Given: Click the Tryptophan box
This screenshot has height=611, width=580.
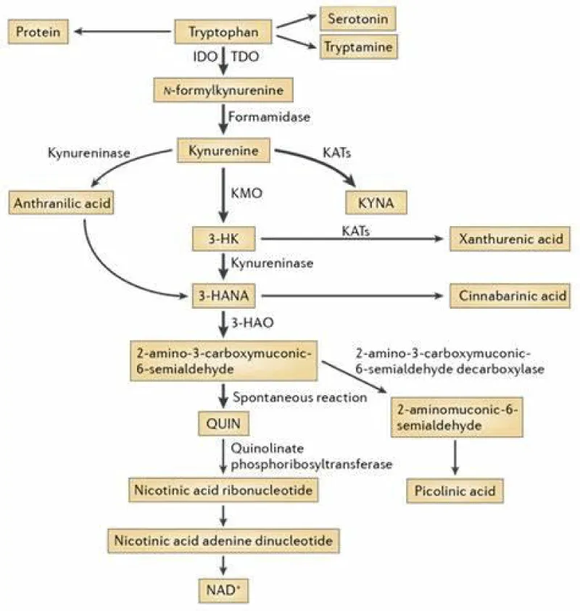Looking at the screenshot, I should (x=224, y=31).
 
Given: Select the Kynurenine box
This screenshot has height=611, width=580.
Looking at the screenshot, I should (x=224, y=151).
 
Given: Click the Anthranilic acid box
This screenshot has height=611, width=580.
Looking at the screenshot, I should (x=62, y=204).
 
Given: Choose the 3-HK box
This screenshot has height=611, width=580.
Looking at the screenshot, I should (x=225, y=238).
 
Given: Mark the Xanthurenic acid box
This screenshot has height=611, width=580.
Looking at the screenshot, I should (x=510, y=238).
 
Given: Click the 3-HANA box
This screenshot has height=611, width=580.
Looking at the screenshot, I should (x=225, y=295).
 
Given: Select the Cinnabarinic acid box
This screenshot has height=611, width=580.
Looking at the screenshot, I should (x=510, y=296).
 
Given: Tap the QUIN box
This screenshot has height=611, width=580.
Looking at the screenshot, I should (x=224, y=422).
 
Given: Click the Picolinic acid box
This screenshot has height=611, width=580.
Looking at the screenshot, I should (x=455, y=491).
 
